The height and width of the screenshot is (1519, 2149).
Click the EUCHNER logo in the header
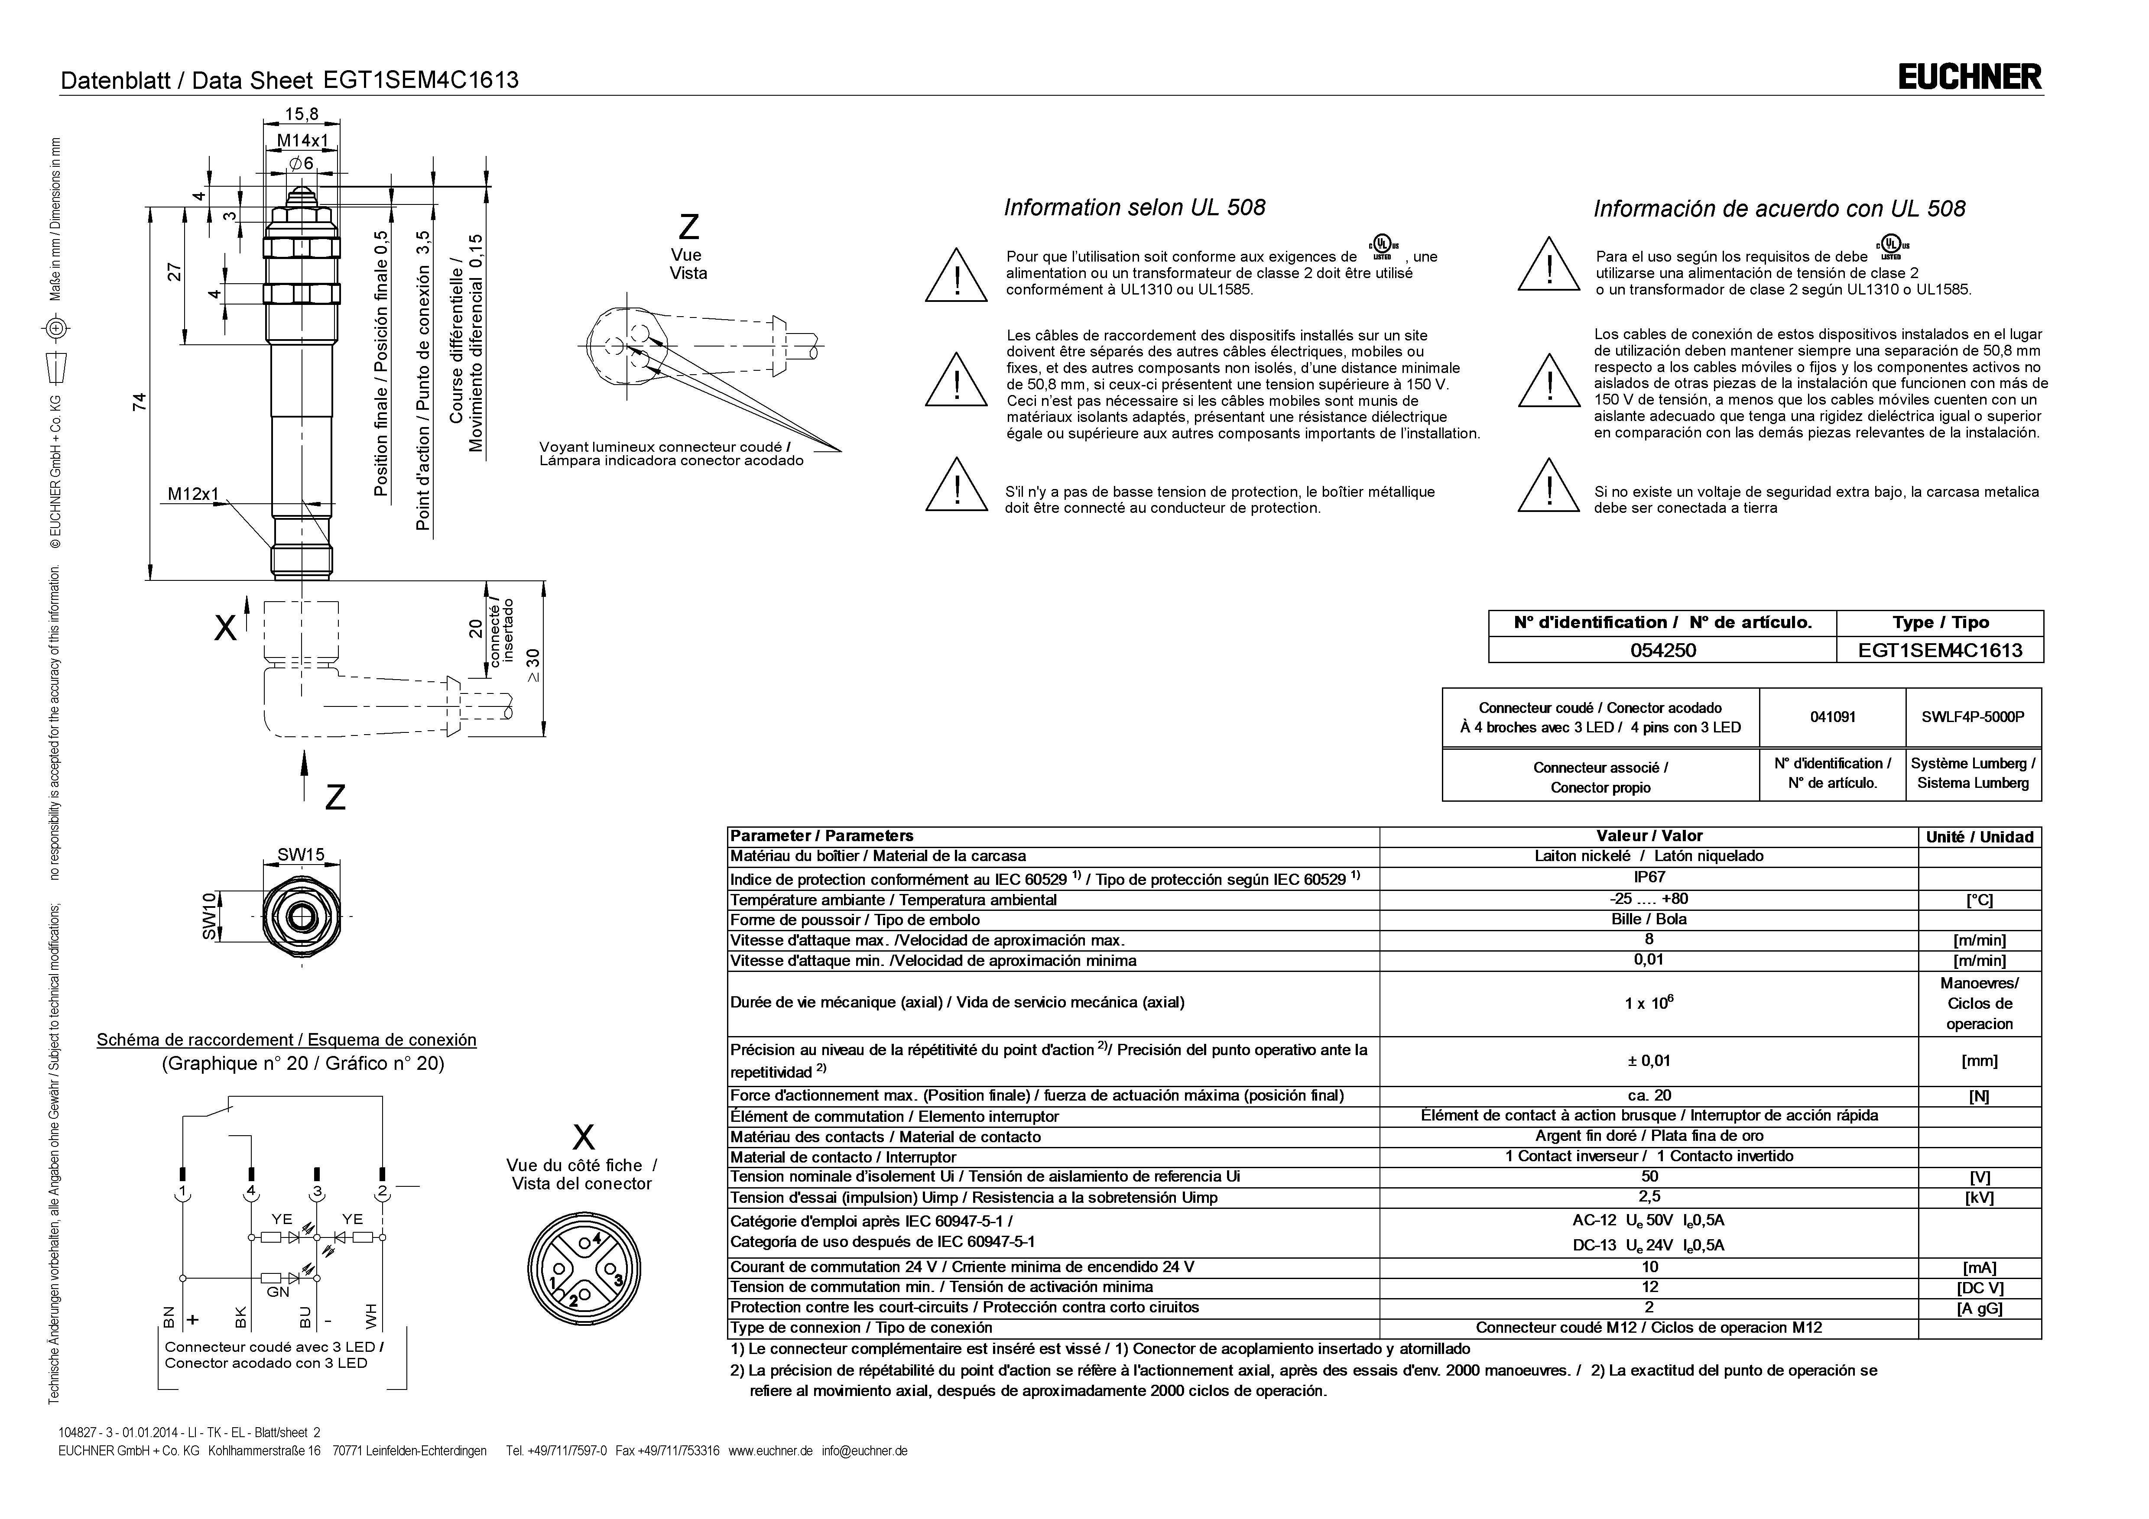1969,77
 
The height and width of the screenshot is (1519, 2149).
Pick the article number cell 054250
1662,650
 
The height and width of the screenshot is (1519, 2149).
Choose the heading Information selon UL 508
1134,208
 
